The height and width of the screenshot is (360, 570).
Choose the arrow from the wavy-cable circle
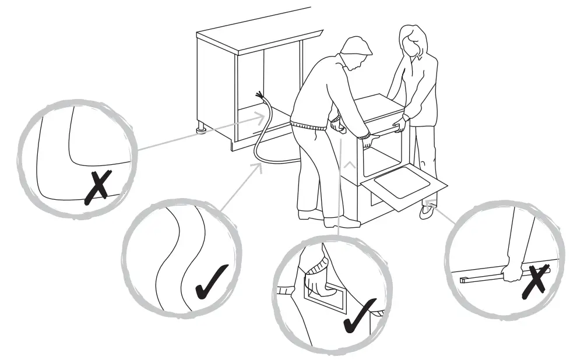pyautogui.click(x=242, y=187)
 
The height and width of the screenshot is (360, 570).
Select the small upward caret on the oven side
pyautogui.click(x=349, y=165)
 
